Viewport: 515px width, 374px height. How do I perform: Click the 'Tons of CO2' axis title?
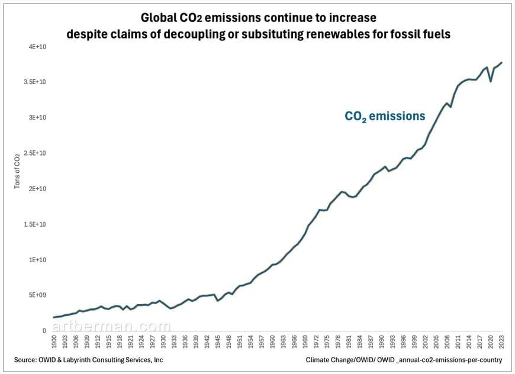17,172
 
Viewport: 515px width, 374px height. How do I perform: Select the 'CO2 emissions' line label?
385,117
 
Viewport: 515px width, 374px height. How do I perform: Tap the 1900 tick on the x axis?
54,342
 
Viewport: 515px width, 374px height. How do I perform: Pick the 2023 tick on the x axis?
502,342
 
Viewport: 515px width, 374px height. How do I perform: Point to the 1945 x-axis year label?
218,342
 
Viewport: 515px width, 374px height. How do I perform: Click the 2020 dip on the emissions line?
491,81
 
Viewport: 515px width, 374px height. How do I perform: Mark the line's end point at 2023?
502,62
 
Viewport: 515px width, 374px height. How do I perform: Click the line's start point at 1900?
54,317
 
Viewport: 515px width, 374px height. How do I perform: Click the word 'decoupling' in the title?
197,34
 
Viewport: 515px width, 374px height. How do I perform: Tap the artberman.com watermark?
111,326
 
